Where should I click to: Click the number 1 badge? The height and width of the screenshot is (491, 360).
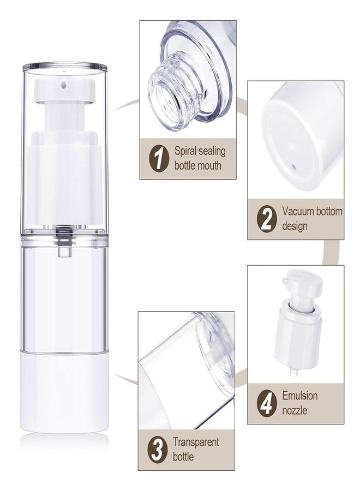point(159,158)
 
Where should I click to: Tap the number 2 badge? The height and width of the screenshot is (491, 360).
point(267,219)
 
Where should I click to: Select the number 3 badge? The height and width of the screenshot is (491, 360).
point(157,450)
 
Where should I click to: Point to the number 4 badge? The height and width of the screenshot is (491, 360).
point(267,404)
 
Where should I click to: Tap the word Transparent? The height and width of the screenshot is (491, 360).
point(196,442)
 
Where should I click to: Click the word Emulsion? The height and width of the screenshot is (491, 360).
point(300,396)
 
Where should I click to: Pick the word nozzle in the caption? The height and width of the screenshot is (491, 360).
point(295,410)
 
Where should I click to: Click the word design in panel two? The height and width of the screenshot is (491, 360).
point(295,226)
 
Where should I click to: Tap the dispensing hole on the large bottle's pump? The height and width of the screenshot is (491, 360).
point(64,85)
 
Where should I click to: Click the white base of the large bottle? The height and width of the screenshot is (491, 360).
point(64,393)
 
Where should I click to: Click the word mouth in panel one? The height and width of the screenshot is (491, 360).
point(209,166)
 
